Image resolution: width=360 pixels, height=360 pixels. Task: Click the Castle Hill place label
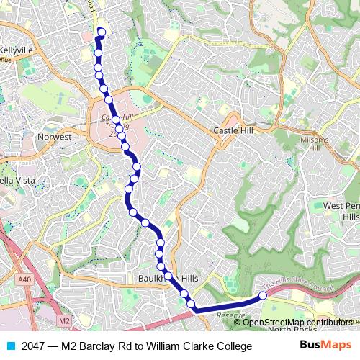pyautogui.click(x=230, y=130)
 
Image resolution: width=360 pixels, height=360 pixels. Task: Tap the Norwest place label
pyautogui.click(x=55, y=136)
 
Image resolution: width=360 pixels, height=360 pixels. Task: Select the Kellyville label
pyautogui.click(x=17, y=50)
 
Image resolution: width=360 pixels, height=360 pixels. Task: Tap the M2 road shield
pyautogui.click(x=64, y=320)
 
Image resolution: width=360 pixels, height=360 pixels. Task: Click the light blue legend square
pyautogui.click(x=8, y=346)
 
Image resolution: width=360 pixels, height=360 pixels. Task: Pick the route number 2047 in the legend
pyautogui.click(x=34, y=346)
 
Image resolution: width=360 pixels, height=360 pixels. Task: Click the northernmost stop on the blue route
pyautogui.click(x=102, y=32)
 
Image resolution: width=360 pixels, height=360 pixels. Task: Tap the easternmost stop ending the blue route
pyautogui.click(x=263, y=295)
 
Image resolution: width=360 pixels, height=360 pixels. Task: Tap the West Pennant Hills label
pyautogui.click(x=341, y=211)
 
